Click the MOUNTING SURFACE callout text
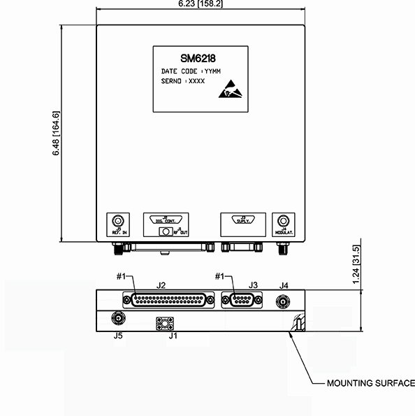coord(371,384)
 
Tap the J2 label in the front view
coord(161,285)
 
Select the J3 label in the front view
coord(254,285)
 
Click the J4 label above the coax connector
coord(284,285)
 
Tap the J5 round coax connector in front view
coord(118,319)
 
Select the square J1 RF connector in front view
coord(166,324)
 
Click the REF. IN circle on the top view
coord(119,220)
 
